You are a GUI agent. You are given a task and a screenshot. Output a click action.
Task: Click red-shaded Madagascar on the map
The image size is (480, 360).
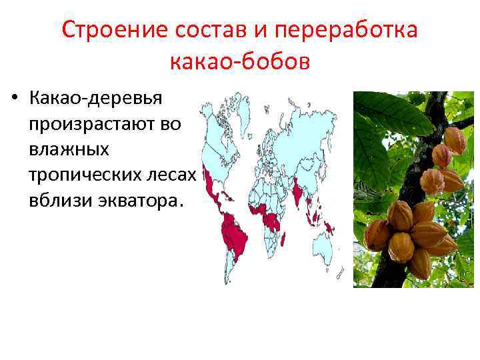click(x=283, y=238)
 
